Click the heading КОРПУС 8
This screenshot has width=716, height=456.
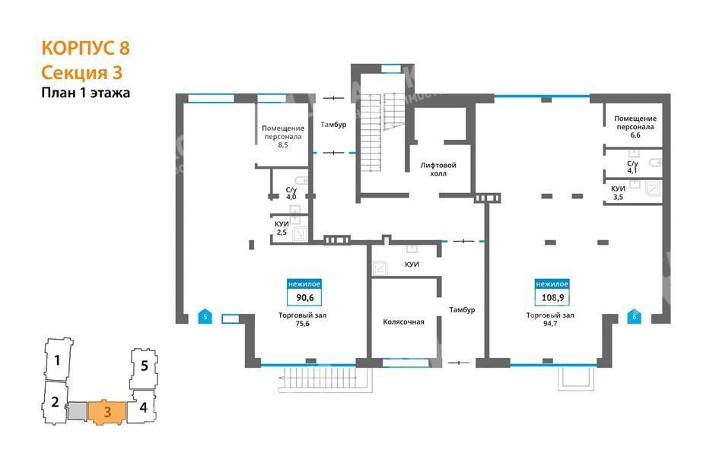coord(85,48)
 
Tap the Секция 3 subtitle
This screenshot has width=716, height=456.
coord(81,72)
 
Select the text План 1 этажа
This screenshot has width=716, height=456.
coord(85,93)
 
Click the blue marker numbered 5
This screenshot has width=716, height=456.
coord(205,316)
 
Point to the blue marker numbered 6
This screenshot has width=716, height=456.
coord(634,316)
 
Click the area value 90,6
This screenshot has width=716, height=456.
coord(304,298)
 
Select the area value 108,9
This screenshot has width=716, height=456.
coord(552,298)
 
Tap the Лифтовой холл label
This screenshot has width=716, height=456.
coord(438,169)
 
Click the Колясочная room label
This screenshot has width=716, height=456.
coord(404,322)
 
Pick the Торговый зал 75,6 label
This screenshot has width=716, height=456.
coord(302,319)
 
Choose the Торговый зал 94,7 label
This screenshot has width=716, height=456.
coord(550,319)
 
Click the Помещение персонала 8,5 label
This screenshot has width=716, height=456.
coord(283,136)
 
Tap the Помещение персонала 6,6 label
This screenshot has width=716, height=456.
coord(635,126)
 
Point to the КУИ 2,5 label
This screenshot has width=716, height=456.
coord(282,228)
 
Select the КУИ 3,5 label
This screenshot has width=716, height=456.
coord(618,193)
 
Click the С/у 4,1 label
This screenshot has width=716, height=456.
coord(632,167)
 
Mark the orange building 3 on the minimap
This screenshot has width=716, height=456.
coord(107,412)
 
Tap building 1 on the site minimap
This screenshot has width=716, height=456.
coord(58,359)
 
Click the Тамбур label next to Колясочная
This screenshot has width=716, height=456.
coord(462,309)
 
